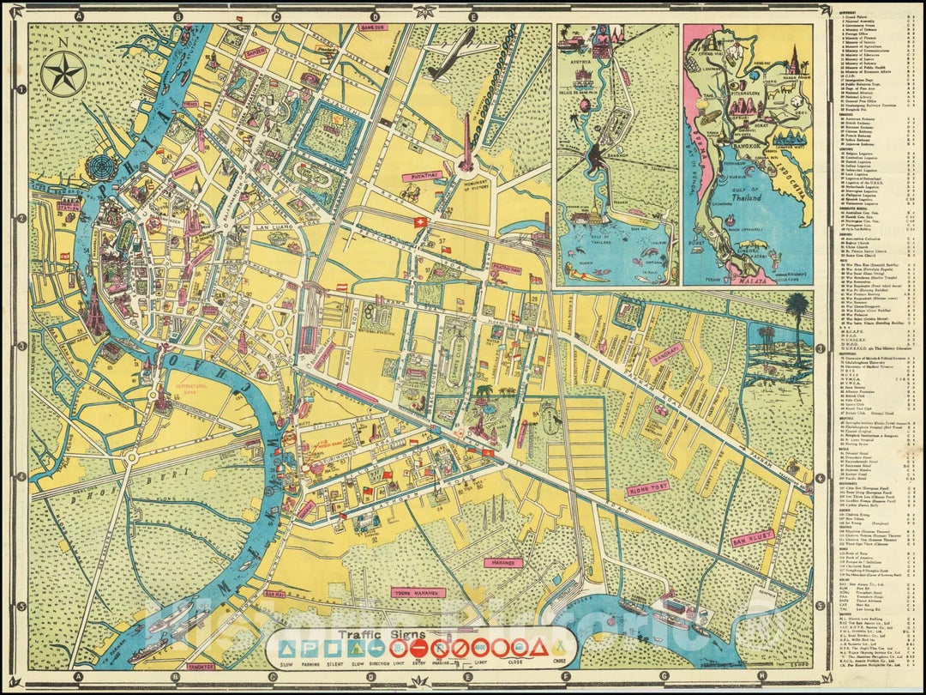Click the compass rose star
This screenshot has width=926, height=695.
pyautogui.click(x=64, y=73)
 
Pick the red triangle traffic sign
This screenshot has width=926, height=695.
pyautogui.click(x=541, y=649)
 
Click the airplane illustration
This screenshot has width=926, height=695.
pyautogui.click(x=452, y=51)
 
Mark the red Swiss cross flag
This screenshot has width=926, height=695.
pyautogui.click(x=419, y=222)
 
